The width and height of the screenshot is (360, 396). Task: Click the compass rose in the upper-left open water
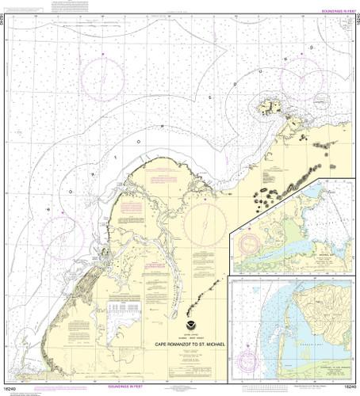pyautogui.click(x=103, y=79)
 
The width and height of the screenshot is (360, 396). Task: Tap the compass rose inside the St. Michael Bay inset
pyautogui.click(x=254, y=245)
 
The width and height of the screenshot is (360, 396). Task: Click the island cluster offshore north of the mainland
pyautogui.click(x=270, y=108)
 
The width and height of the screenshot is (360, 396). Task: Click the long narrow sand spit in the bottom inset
pyautogui.click(x=282, y=341)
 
